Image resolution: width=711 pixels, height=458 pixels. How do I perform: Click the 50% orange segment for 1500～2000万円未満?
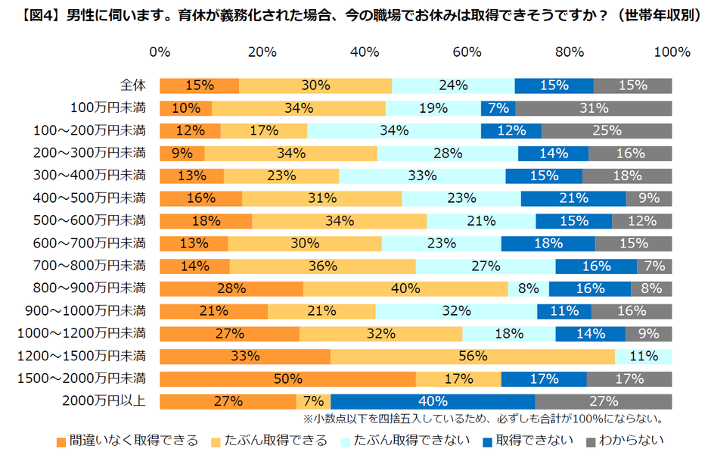point(287,379)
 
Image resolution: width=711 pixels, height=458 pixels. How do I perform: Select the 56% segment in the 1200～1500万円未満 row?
point(473,356)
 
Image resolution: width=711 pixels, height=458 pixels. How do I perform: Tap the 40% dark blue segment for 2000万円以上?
point(433,401)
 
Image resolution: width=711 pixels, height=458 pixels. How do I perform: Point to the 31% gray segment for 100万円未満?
point(594,108)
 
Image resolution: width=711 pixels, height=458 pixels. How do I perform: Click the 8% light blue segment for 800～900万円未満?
point(528,288)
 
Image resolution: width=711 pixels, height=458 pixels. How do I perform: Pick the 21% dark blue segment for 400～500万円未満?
point(573,198)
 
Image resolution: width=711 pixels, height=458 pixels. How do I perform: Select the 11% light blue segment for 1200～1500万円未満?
point(644,356)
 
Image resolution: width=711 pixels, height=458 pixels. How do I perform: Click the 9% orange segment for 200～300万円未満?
point(182,154)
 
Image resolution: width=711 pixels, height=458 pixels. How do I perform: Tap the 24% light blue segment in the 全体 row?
point(453,86)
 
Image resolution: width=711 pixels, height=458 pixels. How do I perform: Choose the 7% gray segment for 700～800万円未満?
point(654,266)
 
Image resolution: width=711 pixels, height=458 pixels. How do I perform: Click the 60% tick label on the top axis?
point(467,52)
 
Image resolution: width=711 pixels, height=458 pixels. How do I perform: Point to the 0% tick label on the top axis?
point(160,52)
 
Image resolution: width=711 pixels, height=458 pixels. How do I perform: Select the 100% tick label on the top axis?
point(672,52)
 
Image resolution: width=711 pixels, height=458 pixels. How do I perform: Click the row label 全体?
point(133,86)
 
